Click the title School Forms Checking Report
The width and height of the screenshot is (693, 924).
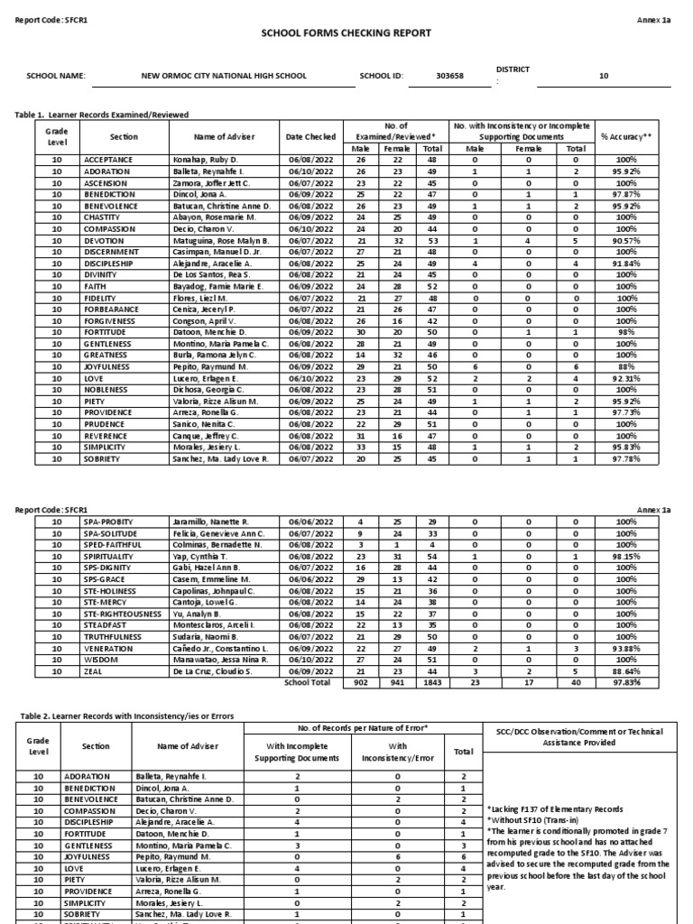pos(346,33)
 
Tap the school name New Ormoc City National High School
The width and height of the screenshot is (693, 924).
pos(224,77)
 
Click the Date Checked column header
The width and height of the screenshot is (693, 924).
pos(309,136)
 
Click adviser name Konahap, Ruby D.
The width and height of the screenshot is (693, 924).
pos(209,159)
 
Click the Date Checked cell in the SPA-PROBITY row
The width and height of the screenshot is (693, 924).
pos(309,522)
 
